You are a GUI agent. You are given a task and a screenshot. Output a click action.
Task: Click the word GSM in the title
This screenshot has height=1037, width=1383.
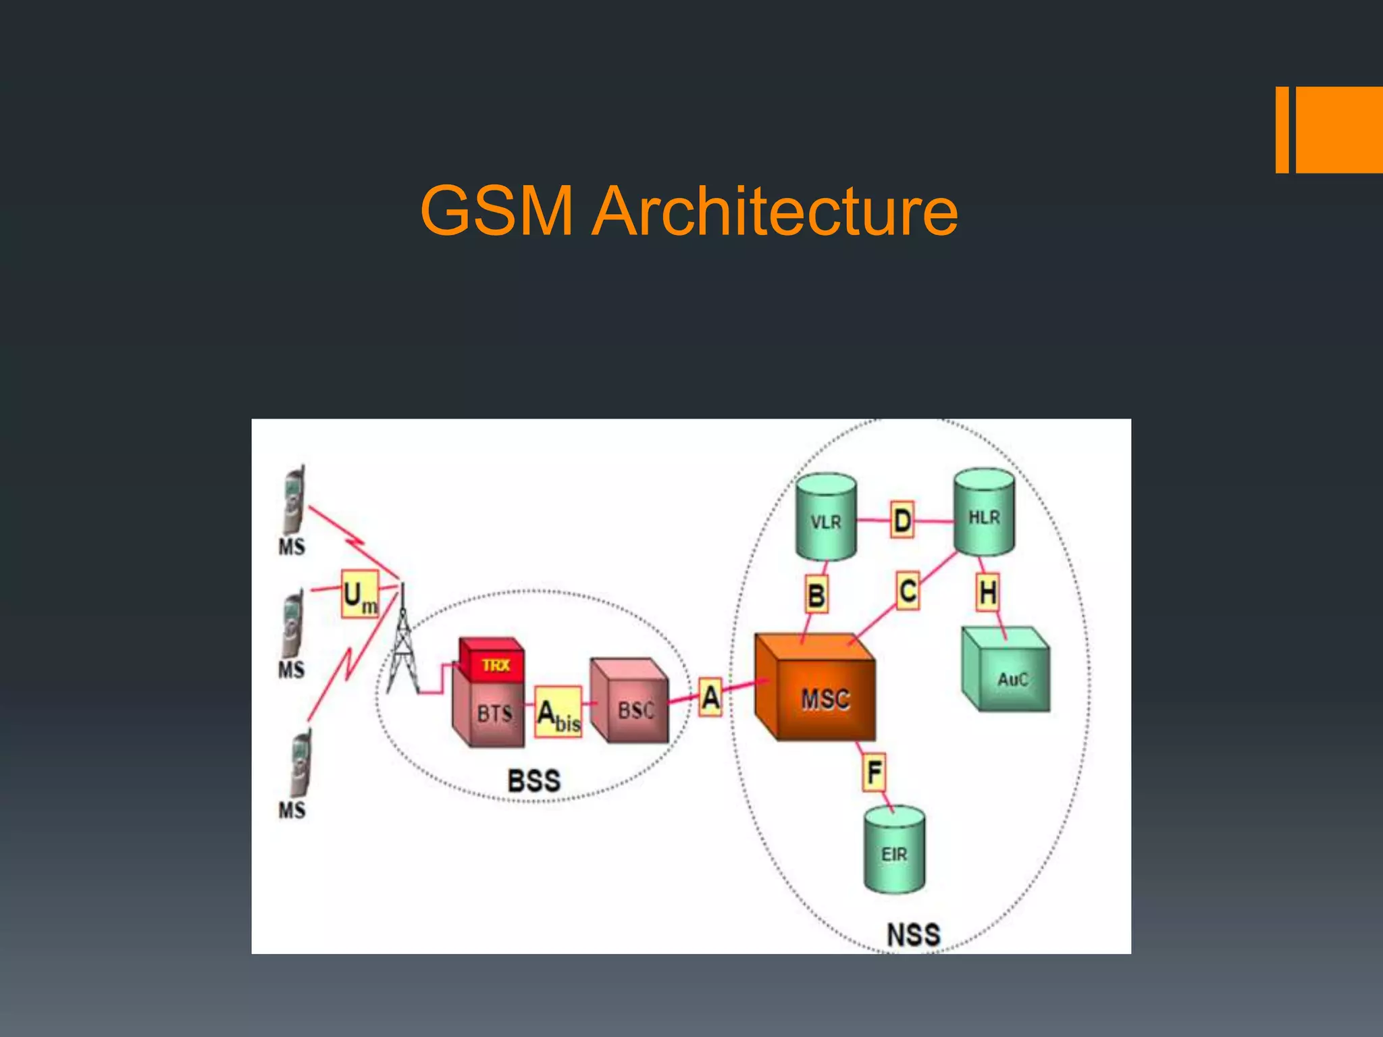click(496, 211)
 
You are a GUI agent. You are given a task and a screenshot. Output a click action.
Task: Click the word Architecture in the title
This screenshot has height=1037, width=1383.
click(775, 211)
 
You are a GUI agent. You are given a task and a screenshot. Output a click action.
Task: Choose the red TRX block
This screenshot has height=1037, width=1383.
click(492, 660)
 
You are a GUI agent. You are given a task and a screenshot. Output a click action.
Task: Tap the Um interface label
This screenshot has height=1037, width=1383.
click(360, 595)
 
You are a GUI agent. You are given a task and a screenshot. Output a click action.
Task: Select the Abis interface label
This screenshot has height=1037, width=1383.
click(558, 713)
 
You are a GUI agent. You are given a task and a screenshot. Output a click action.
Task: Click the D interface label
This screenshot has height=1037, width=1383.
click(902, 520)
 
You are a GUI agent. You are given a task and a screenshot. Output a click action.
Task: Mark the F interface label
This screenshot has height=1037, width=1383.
click(874, 772)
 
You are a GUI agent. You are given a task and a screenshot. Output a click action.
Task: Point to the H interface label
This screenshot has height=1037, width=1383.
click(988, 592)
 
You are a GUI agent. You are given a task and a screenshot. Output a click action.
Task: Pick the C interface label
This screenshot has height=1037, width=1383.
click(908, 591)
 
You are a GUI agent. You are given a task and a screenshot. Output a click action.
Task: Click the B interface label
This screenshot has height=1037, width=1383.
click(816, 595)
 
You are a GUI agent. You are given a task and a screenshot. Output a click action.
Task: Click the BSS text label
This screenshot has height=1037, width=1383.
click(533, 780)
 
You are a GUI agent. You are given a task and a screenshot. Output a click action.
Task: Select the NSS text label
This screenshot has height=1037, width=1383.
click(913, 935)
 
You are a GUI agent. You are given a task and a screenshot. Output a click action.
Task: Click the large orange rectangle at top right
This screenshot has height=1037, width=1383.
click(1339, 130)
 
